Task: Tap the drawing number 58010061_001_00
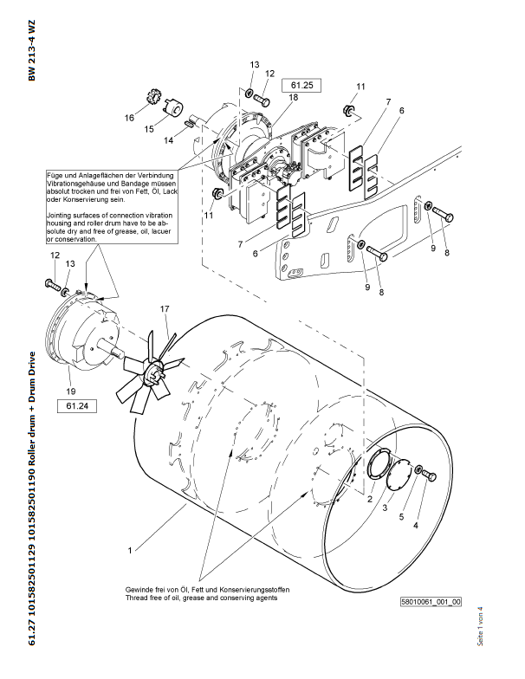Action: tap(431, 601)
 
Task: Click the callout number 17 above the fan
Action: tap(163, 308)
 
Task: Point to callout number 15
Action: tap(148, 129)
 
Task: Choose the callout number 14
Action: tap(168, 139)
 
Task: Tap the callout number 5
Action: tap(401, 517)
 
